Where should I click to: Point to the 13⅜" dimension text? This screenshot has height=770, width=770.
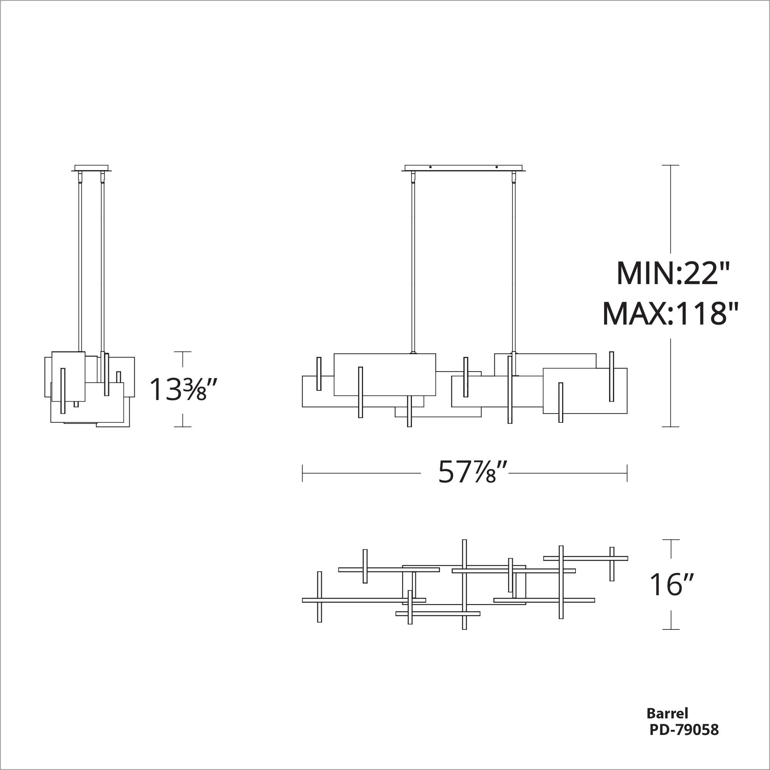(178, 389)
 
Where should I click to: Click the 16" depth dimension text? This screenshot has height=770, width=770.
(672, 586)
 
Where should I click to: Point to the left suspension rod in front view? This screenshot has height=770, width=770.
(413, 263)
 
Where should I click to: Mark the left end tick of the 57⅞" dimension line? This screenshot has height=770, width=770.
(303, 473)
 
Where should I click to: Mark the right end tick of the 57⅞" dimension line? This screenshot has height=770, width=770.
(627, 473)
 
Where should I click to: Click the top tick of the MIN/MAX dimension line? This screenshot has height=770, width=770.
(670, 165)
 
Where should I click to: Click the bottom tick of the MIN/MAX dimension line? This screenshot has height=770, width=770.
(670, 427)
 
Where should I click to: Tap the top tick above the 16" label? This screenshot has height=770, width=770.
(671, 540)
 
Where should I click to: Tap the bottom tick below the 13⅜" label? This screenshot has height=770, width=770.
(182, 427)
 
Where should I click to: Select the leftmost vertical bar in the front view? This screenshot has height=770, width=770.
(318, 374)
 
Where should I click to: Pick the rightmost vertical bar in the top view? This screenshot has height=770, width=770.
(612, 564)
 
